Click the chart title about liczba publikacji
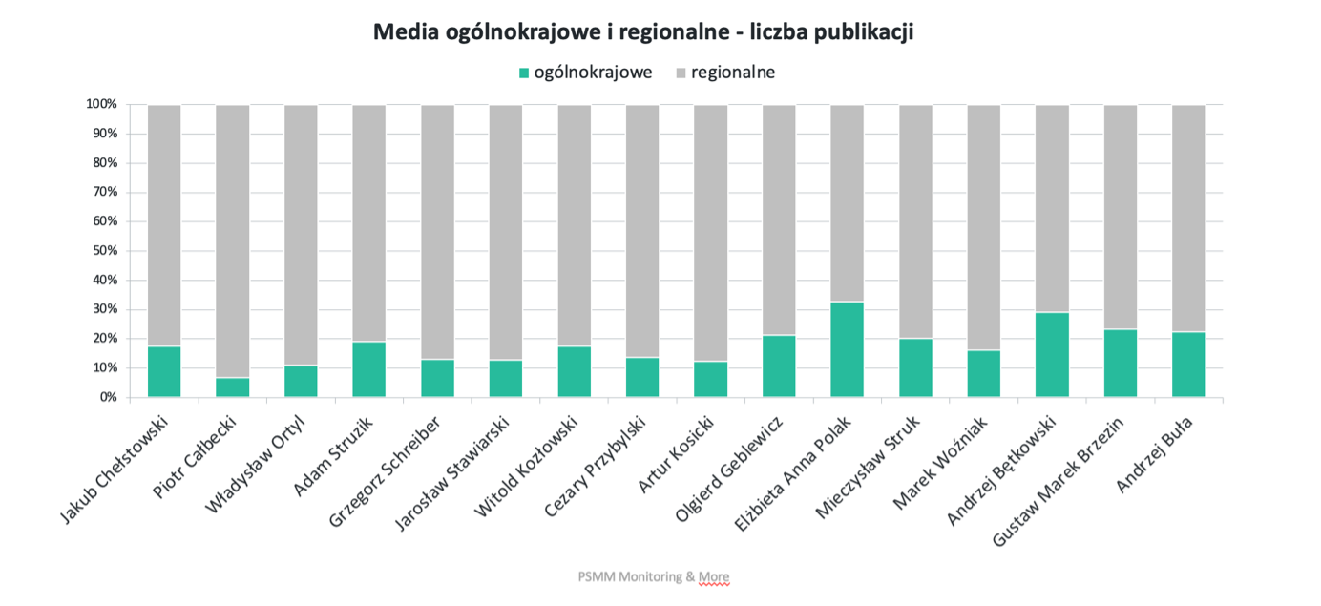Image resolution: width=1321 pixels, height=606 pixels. pos(643,32)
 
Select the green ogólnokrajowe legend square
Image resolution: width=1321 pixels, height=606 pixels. pos(522,73)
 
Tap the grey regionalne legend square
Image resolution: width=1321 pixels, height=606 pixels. pos(681,73)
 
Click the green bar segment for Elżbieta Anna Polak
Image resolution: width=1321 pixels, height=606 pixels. pos(847,349)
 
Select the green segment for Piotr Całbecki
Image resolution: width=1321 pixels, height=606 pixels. pos(232,387)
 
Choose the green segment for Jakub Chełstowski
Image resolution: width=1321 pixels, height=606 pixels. pos(164,371)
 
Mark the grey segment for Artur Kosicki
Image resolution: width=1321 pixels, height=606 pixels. pos(709,233)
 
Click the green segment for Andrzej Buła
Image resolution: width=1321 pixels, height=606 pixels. pos(1188,365)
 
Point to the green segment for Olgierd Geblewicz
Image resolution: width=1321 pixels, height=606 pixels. pos(778,366)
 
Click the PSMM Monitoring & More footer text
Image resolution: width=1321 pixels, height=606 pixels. pos(653,576)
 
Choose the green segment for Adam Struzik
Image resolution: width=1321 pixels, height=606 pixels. pos(368,369)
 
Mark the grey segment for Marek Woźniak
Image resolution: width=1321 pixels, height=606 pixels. pos(983,227)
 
